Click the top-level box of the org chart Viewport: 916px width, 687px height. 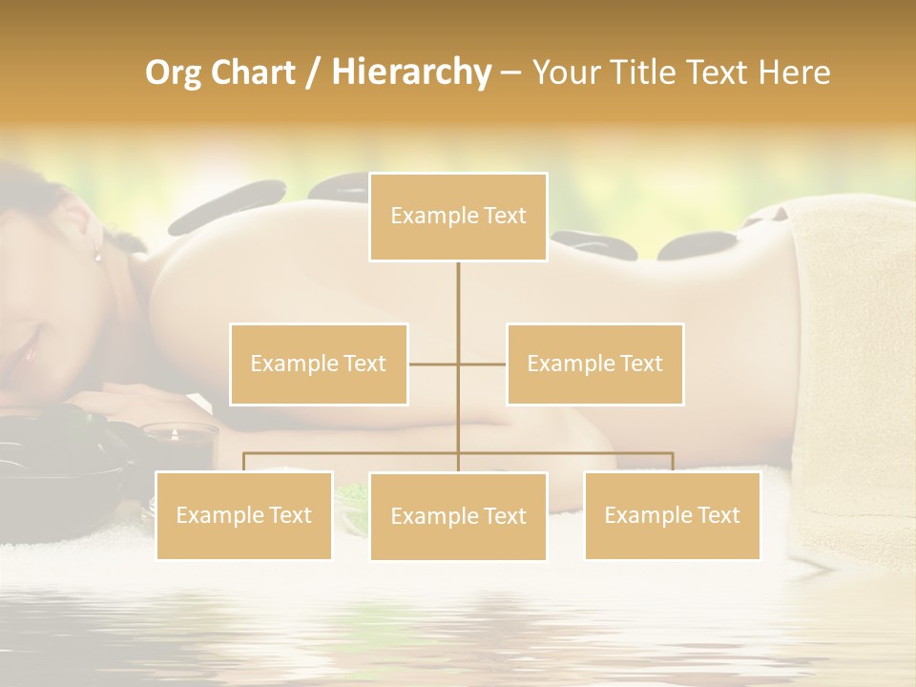(x=458, y=217)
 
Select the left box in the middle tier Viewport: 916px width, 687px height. (x=319, y=364)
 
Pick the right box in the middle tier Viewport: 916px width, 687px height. (x=594, y=364)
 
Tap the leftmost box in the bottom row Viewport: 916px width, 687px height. (x=243, y=515)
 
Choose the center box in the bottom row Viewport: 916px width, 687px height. (x=458, y=516)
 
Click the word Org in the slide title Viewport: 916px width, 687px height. (x=173, y=73)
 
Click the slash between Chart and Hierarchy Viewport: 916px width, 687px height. (x=313, y=73)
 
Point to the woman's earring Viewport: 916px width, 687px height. (x=95, y=253)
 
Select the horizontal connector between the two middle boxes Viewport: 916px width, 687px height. (x=457, y=364)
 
